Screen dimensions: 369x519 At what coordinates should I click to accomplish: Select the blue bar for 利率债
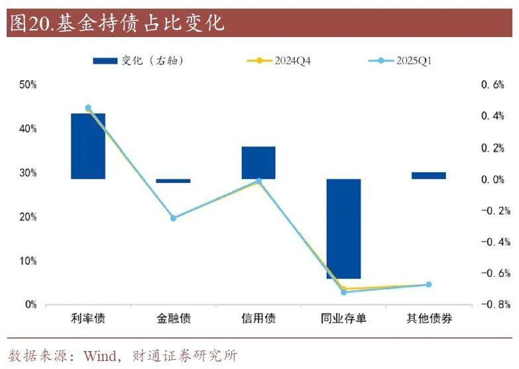88,146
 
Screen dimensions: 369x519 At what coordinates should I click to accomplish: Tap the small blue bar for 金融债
174,181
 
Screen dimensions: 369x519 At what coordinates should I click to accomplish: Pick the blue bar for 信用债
259,162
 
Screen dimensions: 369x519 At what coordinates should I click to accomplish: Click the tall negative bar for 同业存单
343,229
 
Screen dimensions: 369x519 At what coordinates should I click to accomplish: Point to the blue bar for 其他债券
429,176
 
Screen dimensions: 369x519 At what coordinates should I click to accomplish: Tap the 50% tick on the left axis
28,85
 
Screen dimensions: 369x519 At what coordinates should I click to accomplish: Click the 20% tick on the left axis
28,217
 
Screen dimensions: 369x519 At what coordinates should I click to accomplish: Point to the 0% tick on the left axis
30,305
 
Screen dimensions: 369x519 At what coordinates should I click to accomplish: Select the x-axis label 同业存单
343,319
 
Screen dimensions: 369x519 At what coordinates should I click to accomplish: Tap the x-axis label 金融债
174,319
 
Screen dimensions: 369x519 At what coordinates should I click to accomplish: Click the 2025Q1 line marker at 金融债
174,218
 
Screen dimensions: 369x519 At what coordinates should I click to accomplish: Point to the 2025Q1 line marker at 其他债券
429,285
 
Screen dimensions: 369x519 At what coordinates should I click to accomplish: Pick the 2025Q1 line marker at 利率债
88,108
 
